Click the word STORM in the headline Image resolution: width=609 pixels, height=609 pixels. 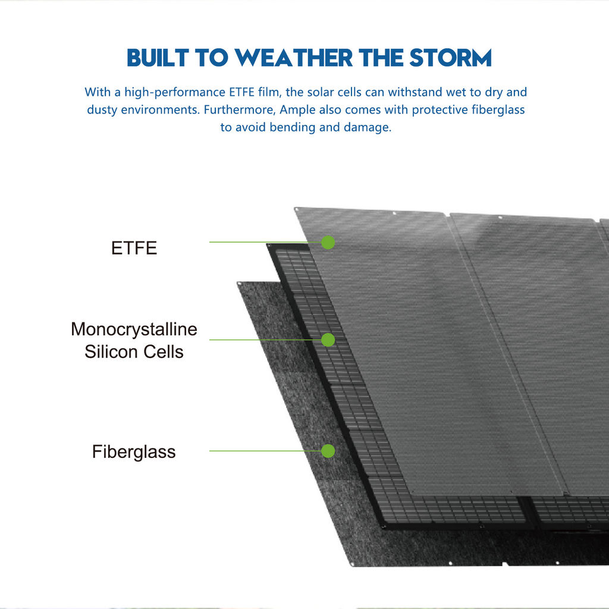tap(451, 58)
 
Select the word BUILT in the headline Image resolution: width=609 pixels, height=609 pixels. tap(158, 58)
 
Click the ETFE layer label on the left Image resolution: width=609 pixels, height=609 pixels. tap(134, 248)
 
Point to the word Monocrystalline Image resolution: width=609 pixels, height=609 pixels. tap(134, 329)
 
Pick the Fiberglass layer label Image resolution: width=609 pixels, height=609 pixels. tap(134, 452)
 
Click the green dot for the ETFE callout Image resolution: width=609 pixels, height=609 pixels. tap(328, 243)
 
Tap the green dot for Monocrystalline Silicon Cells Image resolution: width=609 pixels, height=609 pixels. tap(328, 340)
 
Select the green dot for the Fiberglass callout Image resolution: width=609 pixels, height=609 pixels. tap(328, 451)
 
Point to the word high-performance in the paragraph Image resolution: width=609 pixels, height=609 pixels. tap(175, 92)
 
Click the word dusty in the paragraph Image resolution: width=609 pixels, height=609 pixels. tap(102, 110)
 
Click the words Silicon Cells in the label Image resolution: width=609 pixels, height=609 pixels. tap(134, 352)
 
